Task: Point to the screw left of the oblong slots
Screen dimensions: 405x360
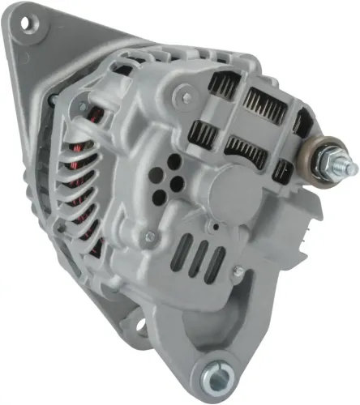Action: tap(148, 237)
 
